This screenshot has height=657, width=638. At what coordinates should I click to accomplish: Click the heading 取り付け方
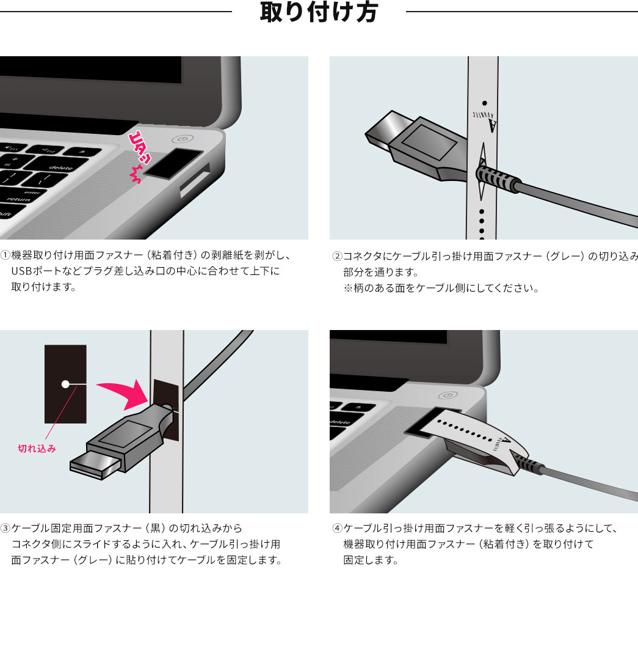(x=319, y=12)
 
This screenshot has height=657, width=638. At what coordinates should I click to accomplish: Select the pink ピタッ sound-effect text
(x=139, y=157)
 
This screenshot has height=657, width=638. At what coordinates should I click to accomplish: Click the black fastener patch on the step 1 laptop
(x=173, y=163)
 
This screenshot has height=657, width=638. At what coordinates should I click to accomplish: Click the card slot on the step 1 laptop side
(x=195, y=180)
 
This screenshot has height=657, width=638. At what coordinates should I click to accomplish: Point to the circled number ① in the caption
(x=5, y=255)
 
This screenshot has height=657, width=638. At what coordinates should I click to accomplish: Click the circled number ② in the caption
(x=338, y=256)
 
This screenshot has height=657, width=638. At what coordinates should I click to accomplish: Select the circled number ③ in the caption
(x=5, y=528)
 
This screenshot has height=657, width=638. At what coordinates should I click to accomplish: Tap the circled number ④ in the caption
(x=338, y=528)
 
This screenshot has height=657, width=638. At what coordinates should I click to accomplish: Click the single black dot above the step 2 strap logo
(x=484, y=103)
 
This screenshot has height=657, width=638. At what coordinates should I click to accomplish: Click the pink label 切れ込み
(x=37, y=449)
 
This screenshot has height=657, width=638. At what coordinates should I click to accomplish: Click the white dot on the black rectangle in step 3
(x=65, y=384)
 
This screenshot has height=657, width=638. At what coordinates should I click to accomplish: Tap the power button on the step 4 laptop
(x=448, y=395)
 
